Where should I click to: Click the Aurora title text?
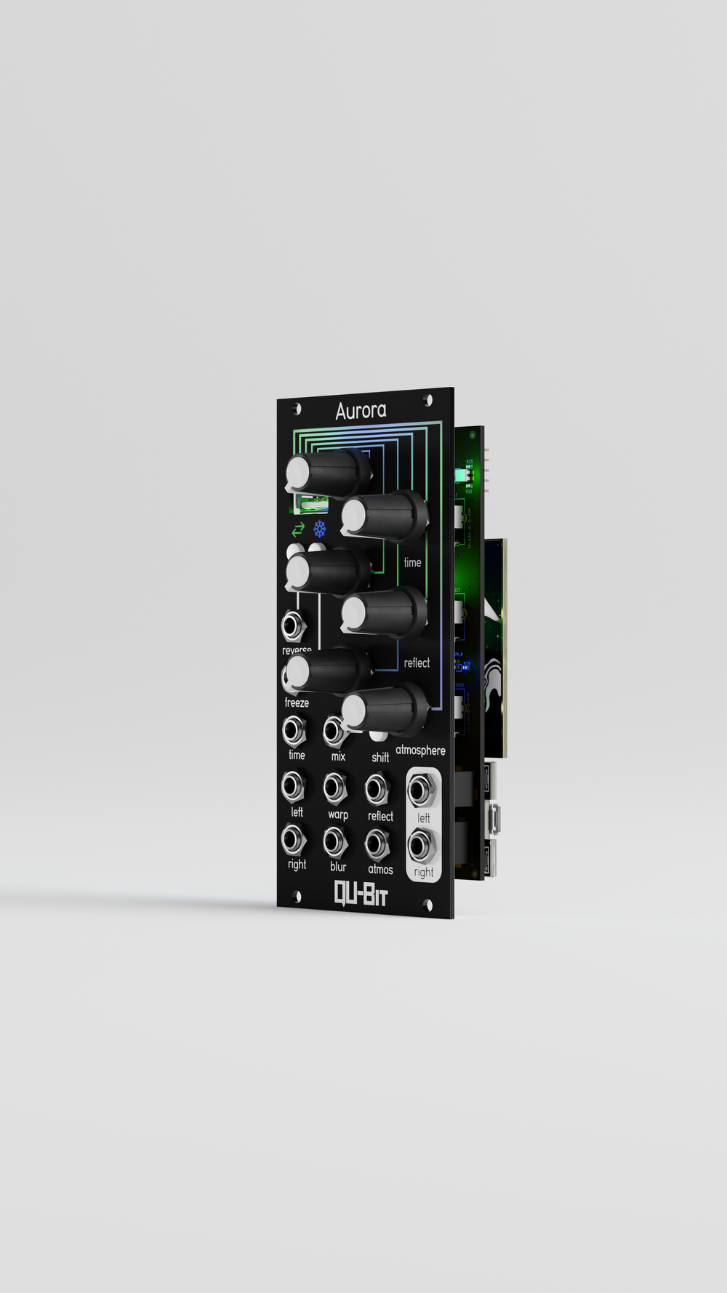pos(361,412)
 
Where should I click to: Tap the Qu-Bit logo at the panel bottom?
pos(361,894)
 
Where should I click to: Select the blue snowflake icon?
pos(320,529)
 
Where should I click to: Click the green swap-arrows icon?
pos(298,529)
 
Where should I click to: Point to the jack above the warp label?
pos(334,788)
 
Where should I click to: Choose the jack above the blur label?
pos(334,842)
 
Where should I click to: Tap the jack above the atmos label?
pos(377,844)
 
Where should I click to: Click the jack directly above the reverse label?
pos(292,625)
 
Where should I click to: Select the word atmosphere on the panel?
pos(420,750)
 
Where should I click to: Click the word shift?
pos(380,758)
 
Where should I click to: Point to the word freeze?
pos(297,702)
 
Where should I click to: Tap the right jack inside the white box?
pos(422,846)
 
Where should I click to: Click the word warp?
pos(338,814)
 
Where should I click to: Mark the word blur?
pos(338,866)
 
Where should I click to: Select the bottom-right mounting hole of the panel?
pos(427,905)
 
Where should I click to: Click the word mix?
pos(338,757)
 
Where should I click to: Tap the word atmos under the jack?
pos(380,869)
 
